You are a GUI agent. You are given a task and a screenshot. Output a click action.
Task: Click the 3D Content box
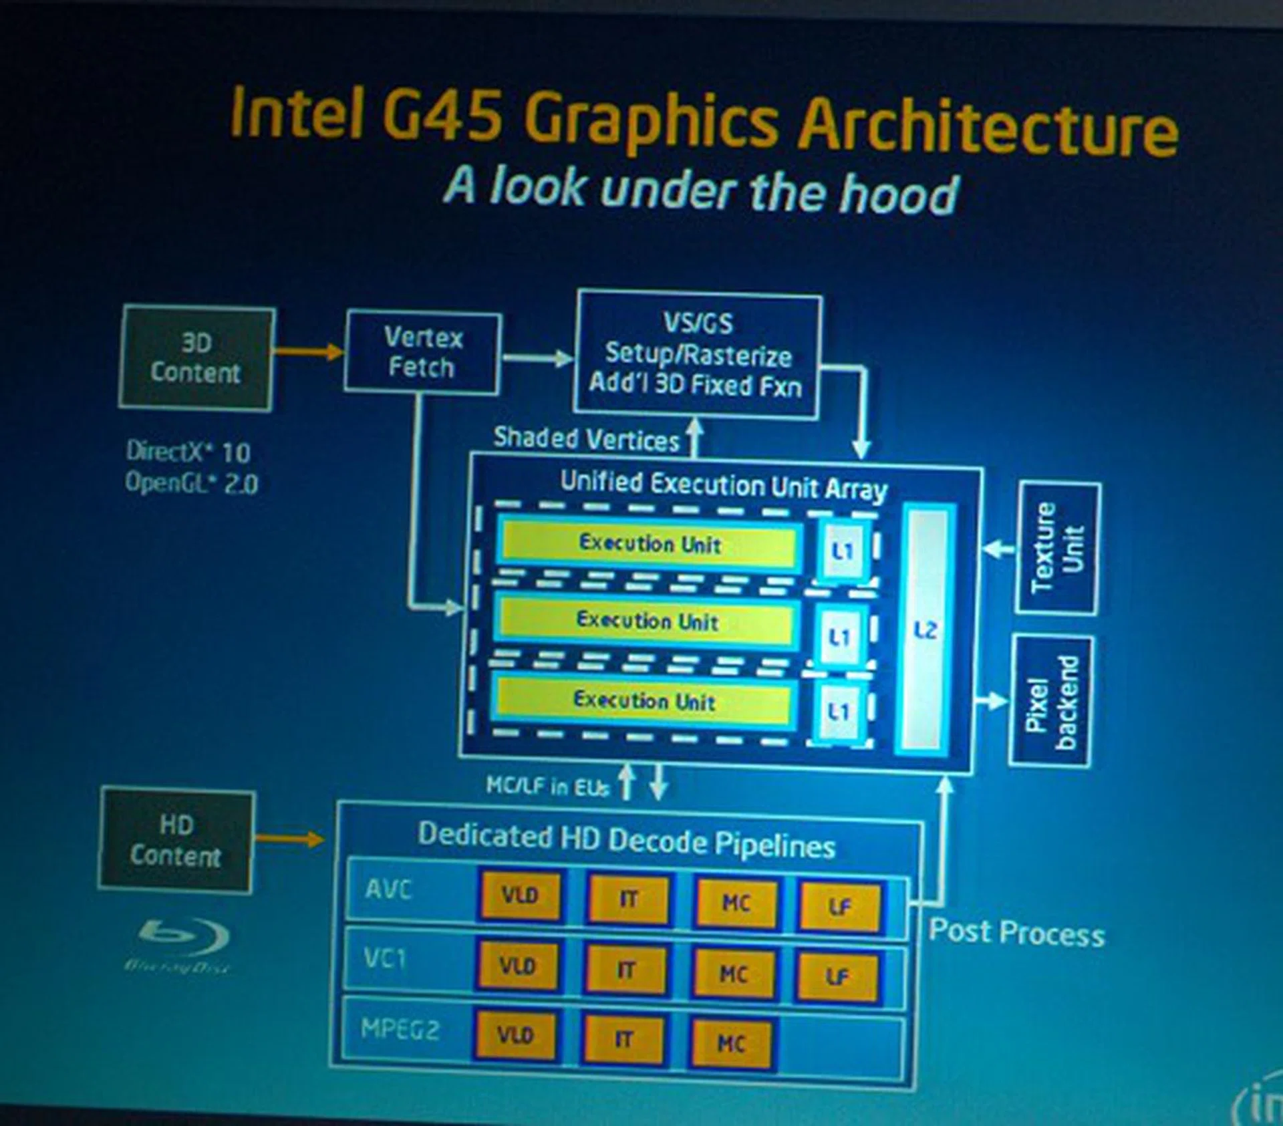click(196, 358)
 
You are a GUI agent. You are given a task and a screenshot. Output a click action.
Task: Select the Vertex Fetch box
click(422, 352)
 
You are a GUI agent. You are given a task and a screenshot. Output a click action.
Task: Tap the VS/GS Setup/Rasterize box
click(698, 355)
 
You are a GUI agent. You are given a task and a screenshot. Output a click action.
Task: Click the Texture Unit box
click(1057, 548)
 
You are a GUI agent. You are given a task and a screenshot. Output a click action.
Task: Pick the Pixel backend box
click(1051, 701)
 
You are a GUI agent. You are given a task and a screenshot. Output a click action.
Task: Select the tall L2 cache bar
click(925, 629)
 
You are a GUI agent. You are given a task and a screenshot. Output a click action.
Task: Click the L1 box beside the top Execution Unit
click(843, 551)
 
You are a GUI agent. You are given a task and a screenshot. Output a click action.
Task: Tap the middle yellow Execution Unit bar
click(647, 621)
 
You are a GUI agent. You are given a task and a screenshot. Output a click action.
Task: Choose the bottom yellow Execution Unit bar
click(644, 700)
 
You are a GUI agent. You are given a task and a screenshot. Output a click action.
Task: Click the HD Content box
click(176, 841)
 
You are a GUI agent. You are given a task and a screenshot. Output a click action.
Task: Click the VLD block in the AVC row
click(520, 895)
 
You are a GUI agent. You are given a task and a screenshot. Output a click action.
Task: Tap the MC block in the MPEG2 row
click(731, 1043)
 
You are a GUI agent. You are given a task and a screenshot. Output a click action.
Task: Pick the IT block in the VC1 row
click(625, 970)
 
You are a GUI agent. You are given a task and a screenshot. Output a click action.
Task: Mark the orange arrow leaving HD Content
click(289, 839)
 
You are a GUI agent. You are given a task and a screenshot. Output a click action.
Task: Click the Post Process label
click(1016, 933)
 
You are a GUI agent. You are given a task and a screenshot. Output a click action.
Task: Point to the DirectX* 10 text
click(188, 452)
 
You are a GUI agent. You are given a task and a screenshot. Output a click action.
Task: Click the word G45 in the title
click(442, 115)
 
